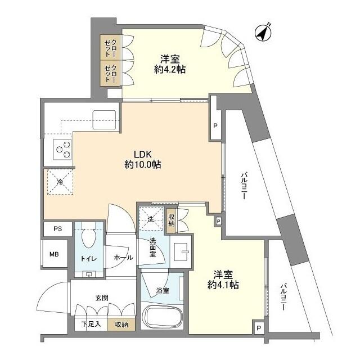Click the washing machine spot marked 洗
coord(151,220)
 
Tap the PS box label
coord(58,229)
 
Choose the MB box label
coord(54,255)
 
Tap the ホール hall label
coord(123,258)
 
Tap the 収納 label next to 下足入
coord(121,324)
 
